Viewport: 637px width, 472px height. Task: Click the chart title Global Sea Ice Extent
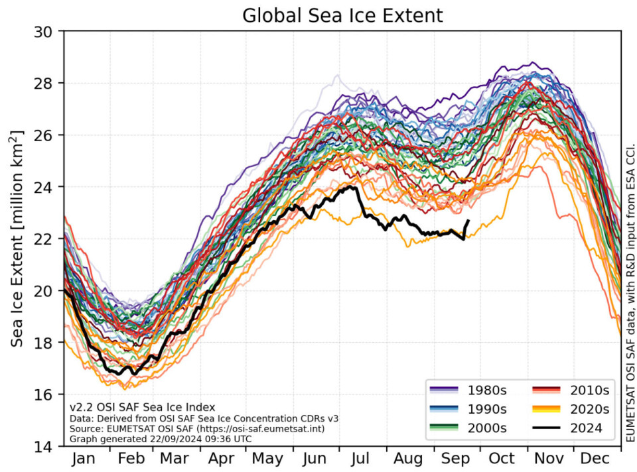click(x=342, y=15)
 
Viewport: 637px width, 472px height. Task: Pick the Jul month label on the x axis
click(x=361, y=459)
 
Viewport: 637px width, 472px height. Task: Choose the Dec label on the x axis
click(x=597, y=459)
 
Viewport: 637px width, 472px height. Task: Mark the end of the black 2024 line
click(x=468, y=221)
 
